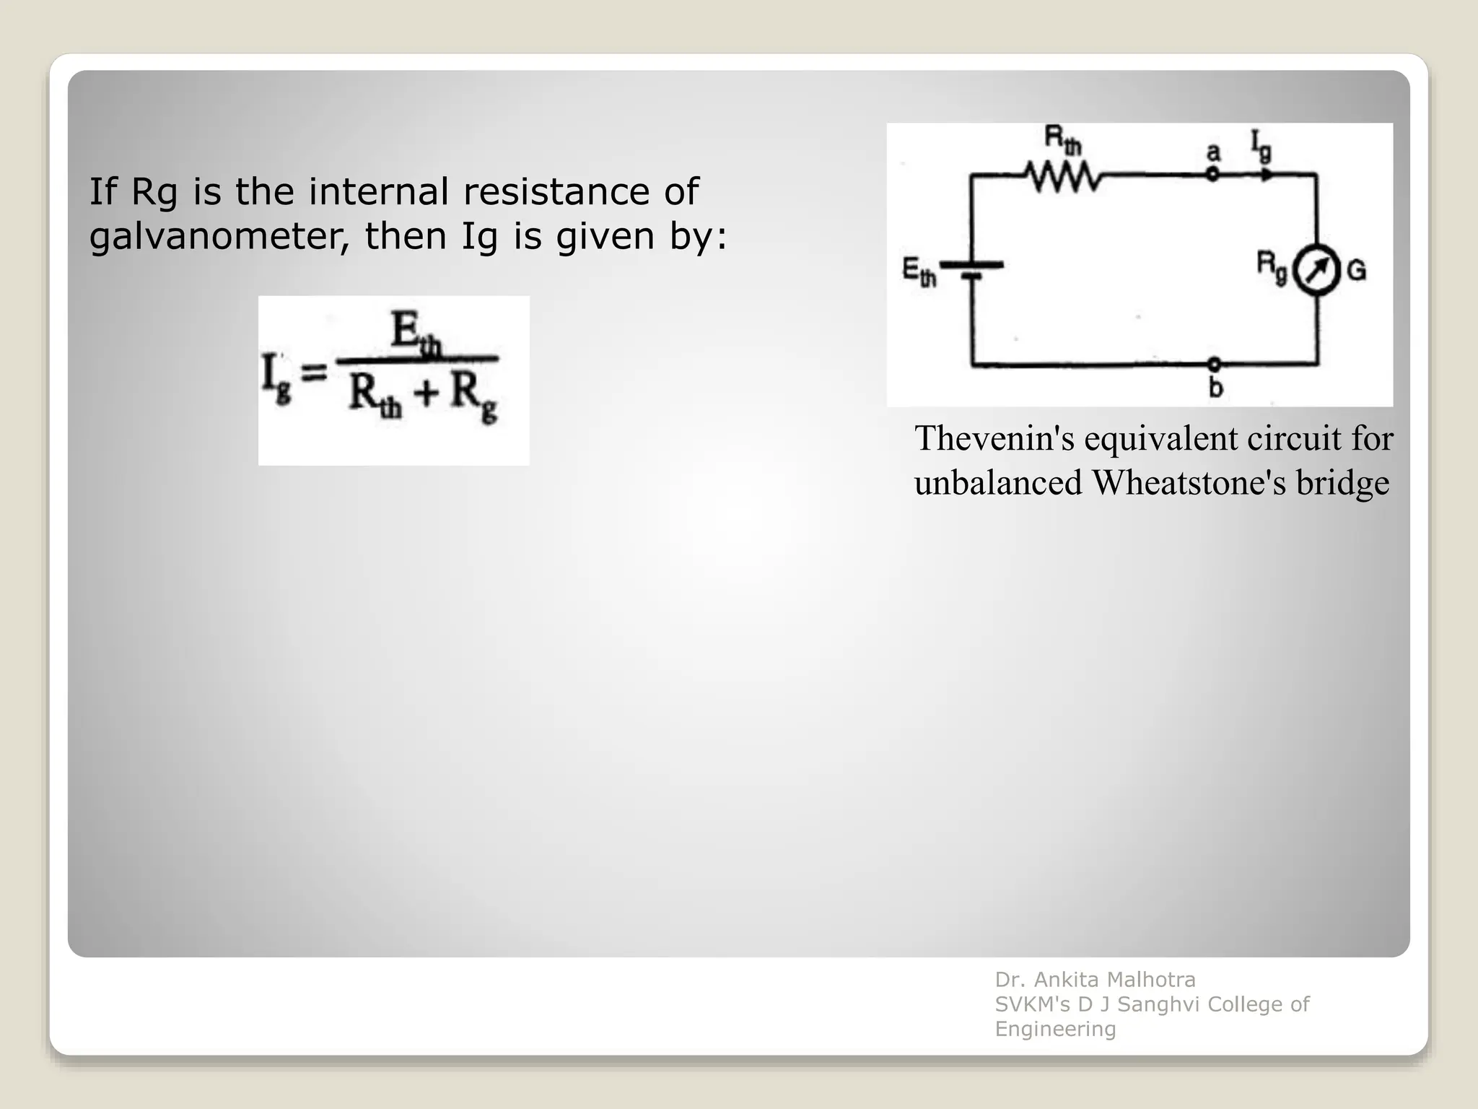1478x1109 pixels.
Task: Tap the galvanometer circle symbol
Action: pyautogui.click(x=1316, y=271)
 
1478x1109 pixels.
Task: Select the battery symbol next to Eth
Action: pyautogui.click(x=971, y=269)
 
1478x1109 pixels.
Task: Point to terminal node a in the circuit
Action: pyautogui.click(x=1212, y=174)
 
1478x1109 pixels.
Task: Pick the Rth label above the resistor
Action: pyautogui.click(x=1063, y=139)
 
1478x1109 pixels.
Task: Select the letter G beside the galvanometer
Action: pyautogui.click(x=1357, y=271)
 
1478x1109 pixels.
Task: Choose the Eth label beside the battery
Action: pyautogui.click(x=919, y=272)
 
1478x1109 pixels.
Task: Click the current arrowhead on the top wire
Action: pyautogui.click(x=1267, y=175)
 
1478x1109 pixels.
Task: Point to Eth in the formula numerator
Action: pyautogui.click(x=415, y=334)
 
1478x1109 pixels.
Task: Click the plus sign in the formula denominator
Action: pyautogui.click(x=426, y=393)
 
